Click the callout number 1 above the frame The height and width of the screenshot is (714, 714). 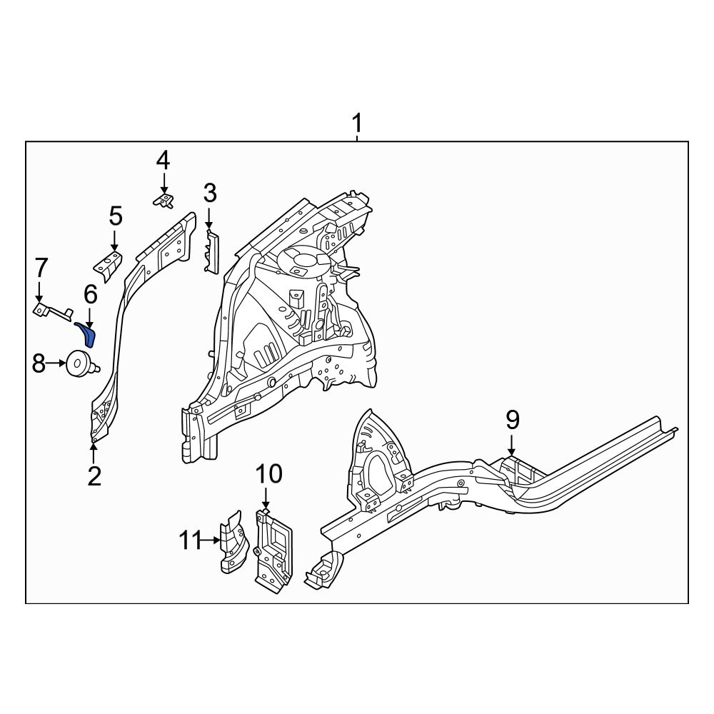[358, 123]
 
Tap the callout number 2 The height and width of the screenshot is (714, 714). [94, 476]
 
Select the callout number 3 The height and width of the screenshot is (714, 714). [210, 193]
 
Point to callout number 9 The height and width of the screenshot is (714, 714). [512, 420]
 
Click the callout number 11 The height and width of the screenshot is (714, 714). [190, 540]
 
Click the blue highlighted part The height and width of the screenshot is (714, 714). [86, 333]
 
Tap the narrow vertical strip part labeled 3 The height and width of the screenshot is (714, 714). [212, 252]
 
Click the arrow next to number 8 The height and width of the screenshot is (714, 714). [56, 363]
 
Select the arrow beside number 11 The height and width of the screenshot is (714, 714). [211, 540]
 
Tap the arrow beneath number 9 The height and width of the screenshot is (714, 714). [512, 445]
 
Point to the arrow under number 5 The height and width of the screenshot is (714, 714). [114, 241]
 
